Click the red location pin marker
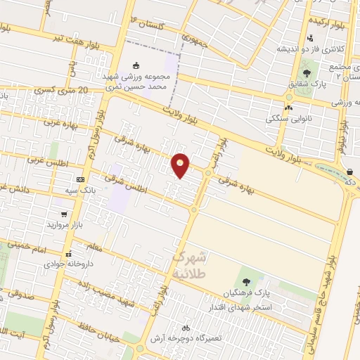coord(181,165)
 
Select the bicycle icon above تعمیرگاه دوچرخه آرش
coord(186,328)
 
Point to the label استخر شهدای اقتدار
coord(240,307)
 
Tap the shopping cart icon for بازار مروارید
coord(65,214)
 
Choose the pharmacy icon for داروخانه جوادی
coord(68,255)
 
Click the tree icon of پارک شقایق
coord(305,72)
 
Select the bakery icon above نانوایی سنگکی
coord(288,108)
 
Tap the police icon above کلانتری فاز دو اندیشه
coord(310,38)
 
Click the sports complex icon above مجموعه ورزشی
coord(136,65)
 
